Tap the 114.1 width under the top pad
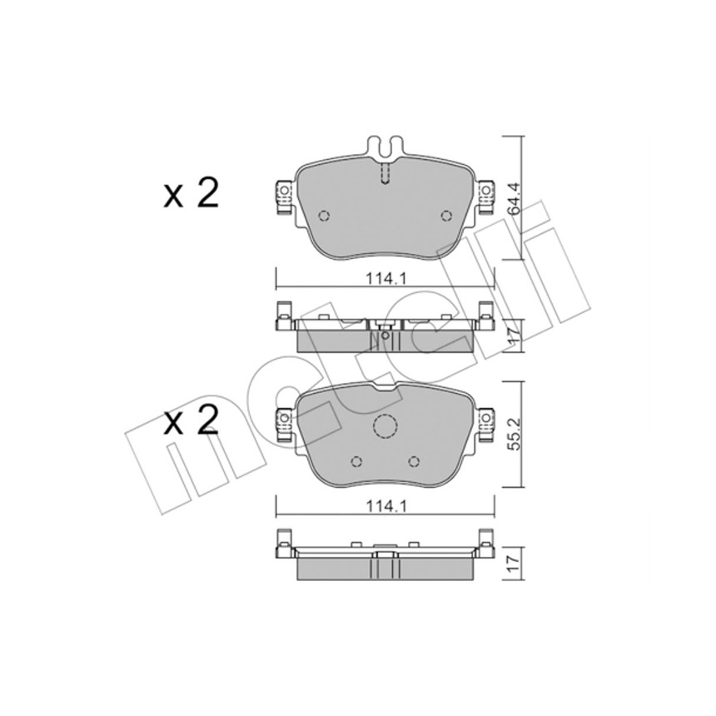[385, 279]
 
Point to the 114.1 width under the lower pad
[385, 506]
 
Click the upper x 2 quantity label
[191, 194]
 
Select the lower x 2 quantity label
[191, 421]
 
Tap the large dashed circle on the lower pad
[385, 427]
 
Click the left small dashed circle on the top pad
[324, 216]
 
